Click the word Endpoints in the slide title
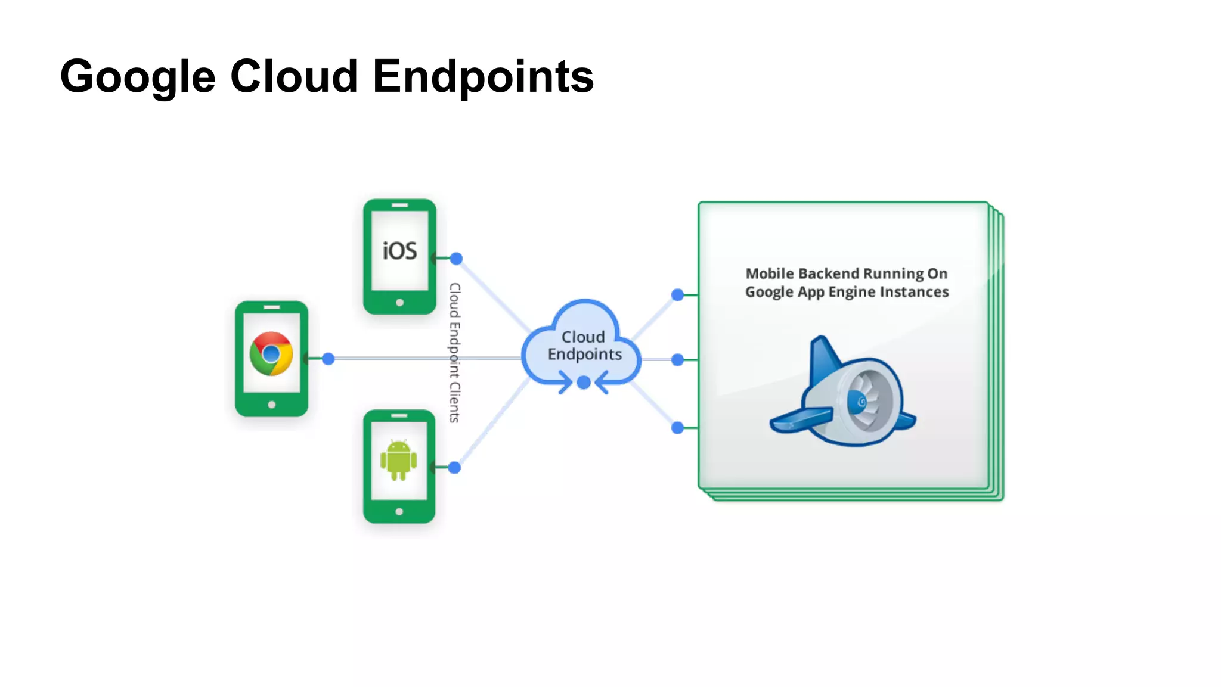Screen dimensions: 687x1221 [x=483, y=76]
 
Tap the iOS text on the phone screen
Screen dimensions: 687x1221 [x=399, y=251]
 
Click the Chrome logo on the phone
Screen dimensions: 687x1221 [x=271, y=353]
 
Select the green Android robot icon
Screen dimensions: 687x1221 [x=398, y=460]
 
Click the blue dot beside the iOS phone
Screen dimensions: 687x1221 [x=456, y=258]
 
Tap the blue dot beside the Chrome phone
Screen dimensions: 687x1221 [x=328, y=359]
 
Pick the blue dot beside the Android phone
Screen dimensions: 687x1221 [x=454, y=467]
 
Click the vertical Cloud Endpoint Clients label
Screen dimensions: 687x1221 [x=455, y=353]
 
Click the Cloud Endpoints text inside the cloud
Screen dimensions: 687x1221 [x=584, y=346]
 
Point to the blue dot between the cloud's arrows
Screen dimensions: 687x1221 [x=584, y=383]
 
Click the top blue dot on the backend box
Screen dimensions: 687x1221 [x=677, y=294]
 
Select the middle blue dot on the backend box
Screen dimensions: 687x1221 [x=677, y=359]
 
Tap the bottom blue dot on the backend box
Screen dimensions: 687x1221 [x=677, y=427]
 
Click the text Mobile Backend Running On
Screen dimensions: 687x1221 [x=846, y=273]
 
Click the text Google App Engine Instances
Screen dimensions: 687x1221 [x=847, y=292]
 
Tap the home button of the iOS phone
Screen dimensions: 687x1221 [x=399, y=303]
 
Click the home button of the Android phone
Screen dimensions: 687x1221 [x=399, y=511]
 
